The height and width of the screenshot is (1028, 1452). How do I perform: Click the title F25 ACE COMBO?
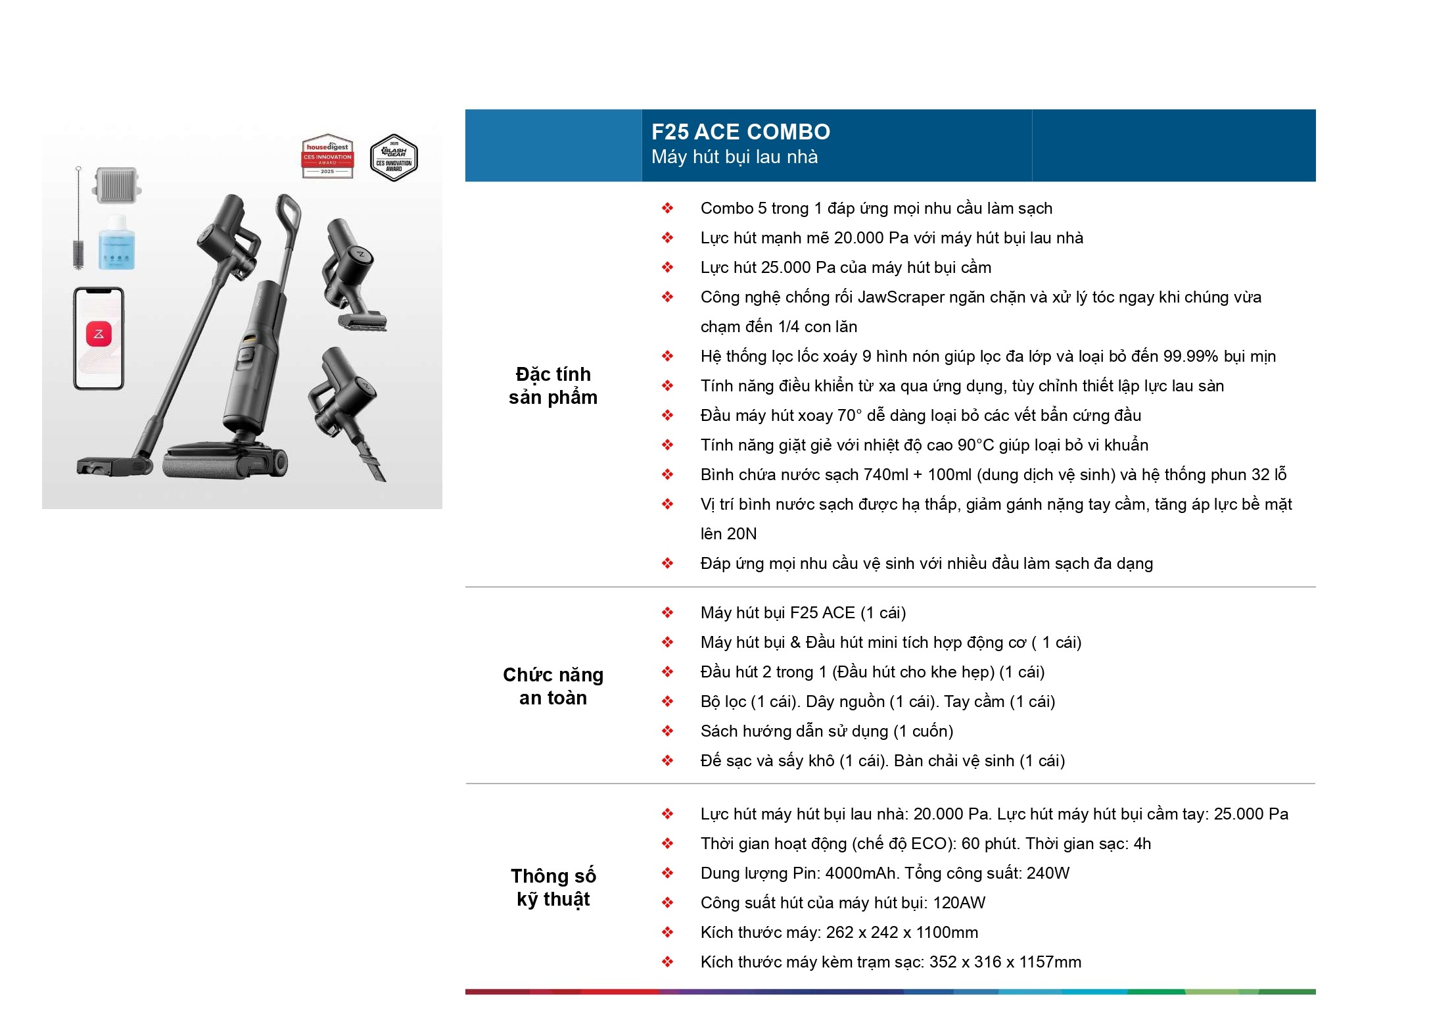tap(740, 132)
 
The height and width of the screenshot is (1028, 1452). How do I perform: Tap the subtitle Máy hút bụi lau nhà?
tap(734, 157)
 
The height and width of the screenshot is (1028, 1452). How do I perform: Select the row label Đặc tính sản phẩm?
tap(553, 386)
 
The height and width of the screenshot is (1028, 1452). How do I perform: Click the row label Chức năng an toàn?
tap(553, 686)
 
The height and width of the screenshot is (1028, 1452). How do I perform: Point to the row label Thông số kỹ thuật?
tap(553, 887)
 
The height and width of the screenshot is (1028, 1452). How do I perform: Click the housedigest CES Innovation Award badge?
tap(327, 158)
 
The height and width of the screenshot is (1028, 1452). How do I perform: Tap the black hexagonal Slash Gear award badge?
tap(394, 158)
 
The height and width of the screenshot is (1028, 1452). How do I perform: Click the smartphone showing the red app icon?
tap(99, 339)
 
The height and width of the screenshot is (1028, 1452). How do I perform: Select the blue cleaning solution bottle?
tap(116, 243)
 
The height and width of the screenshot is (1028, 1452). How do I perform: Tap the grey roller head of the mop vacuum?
tap(223, 468)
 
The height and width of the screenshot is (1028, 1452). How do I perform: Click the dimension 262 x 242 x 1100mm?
tap(902, 933)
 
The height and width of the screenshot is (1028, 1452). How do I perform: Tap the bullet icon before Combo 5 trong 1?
tap(667, 208)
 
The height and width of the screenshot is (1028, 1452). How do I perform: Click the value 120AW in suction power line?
tap(959, 903)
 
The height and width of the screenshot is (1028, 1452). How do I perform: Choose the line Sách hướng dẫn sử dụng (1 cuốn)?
tap(826, 731)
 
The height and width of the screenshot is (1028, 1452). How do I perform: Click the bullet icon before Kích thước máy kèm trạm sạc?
tap(667, 962)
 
